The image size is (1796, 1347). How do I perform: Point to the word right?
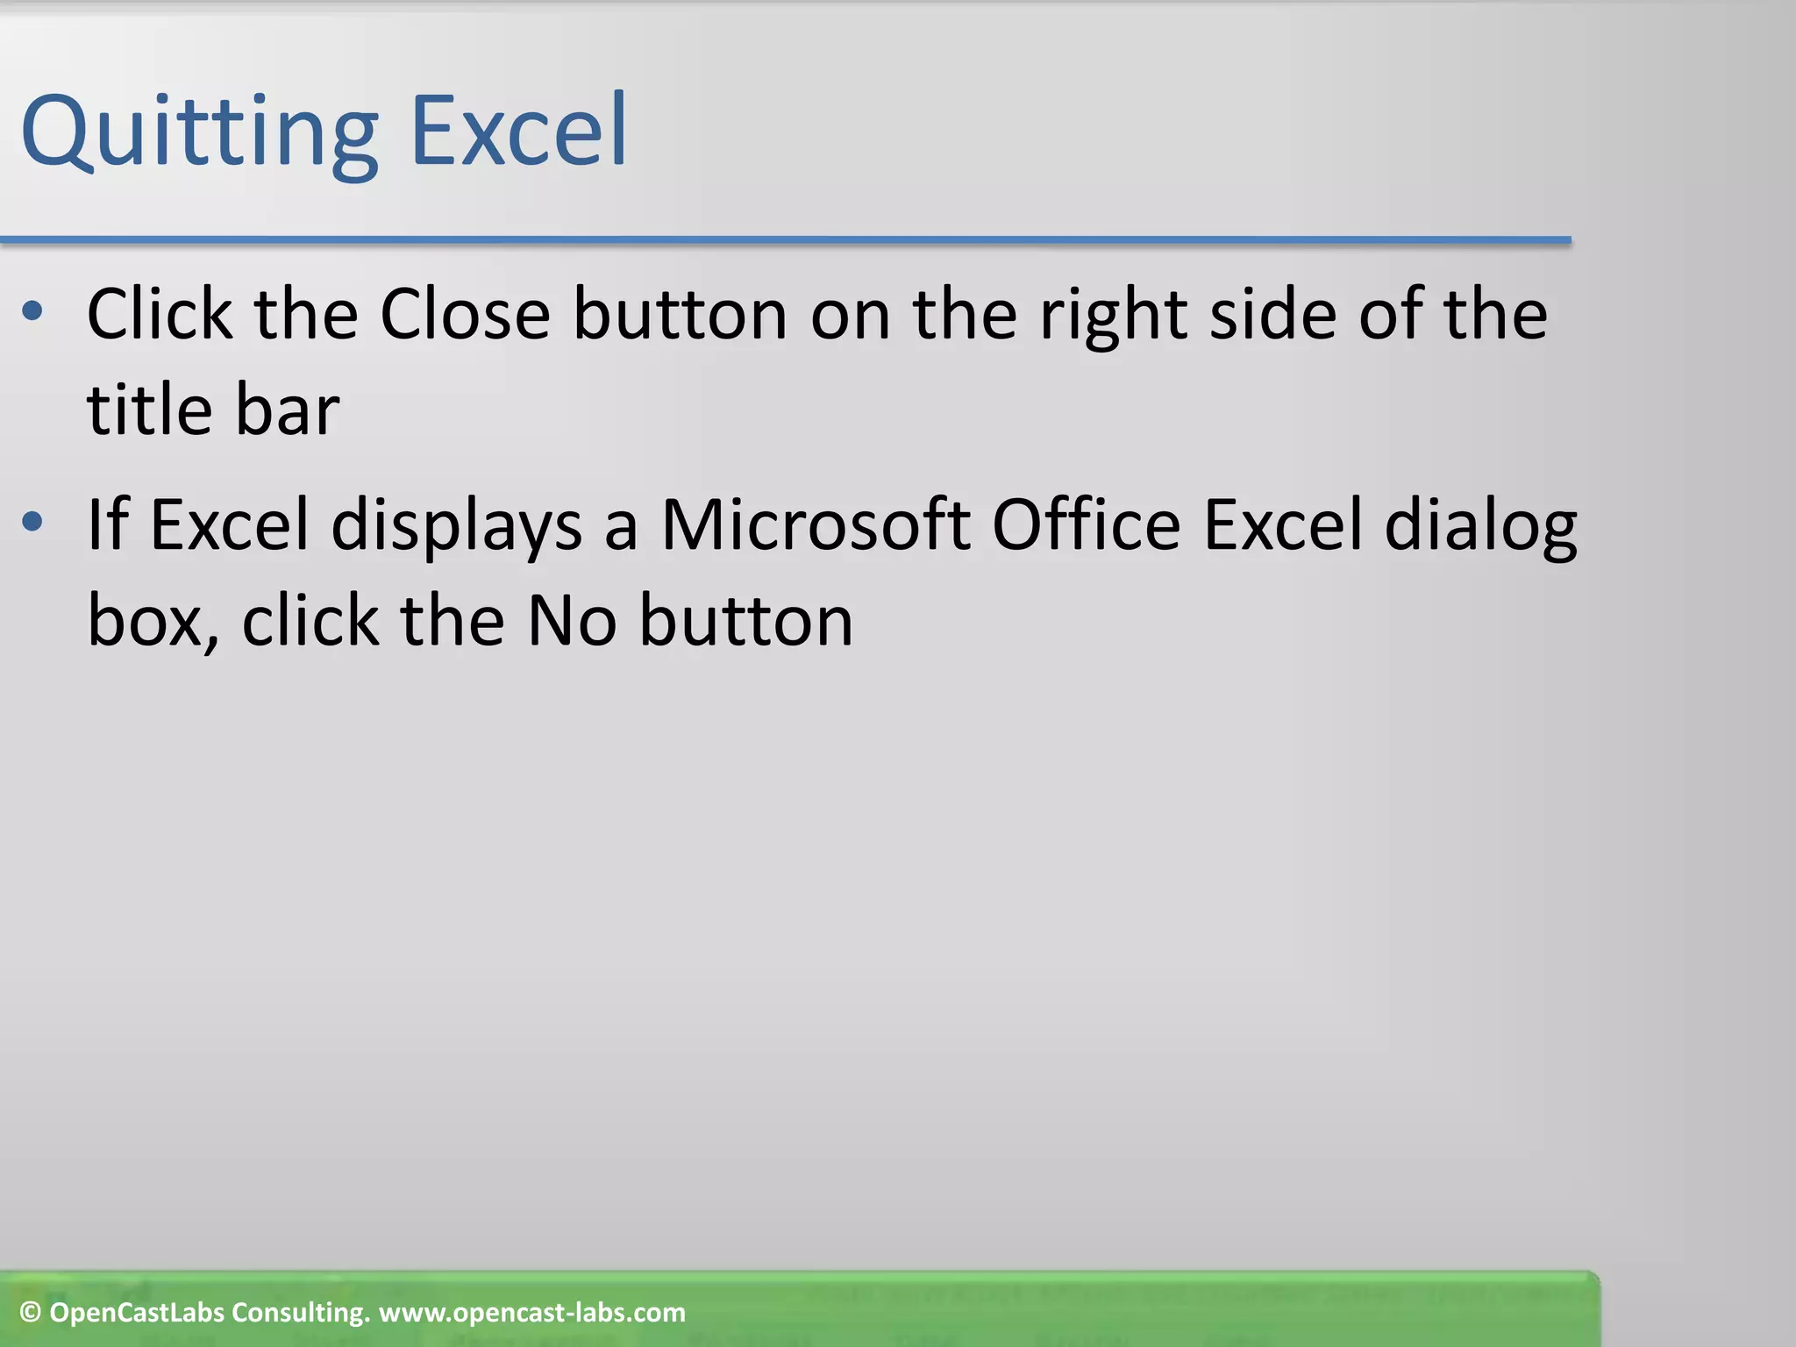click(x=1113, y=316)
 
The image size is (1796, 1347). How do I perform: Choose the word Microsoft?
click(x=815, y=524)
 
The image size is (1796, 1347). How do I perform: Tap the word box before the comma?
click(x=146, y=621)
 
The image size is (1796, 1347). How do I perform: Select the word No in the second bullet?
click(x=572, y=621)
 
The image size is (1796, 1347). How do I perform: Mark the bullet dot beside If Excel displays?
click(x=32, y=522)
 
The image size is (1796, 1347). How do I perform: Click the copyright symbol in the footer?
click(x=30, y=1313)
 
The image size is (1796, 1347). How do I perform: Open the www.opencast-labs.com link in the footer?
click(x=531, y=1313)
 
